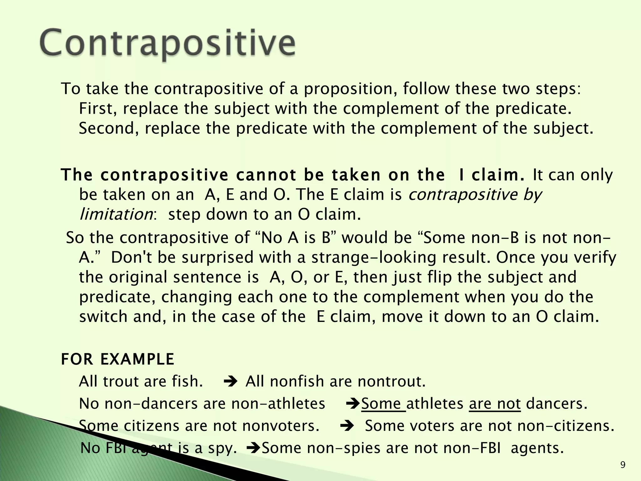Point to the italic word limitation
[116, 215]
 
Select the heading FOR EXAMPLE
[118, 359]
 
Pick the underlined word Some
[383, 404]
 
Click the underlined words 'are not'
[495, 404]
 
